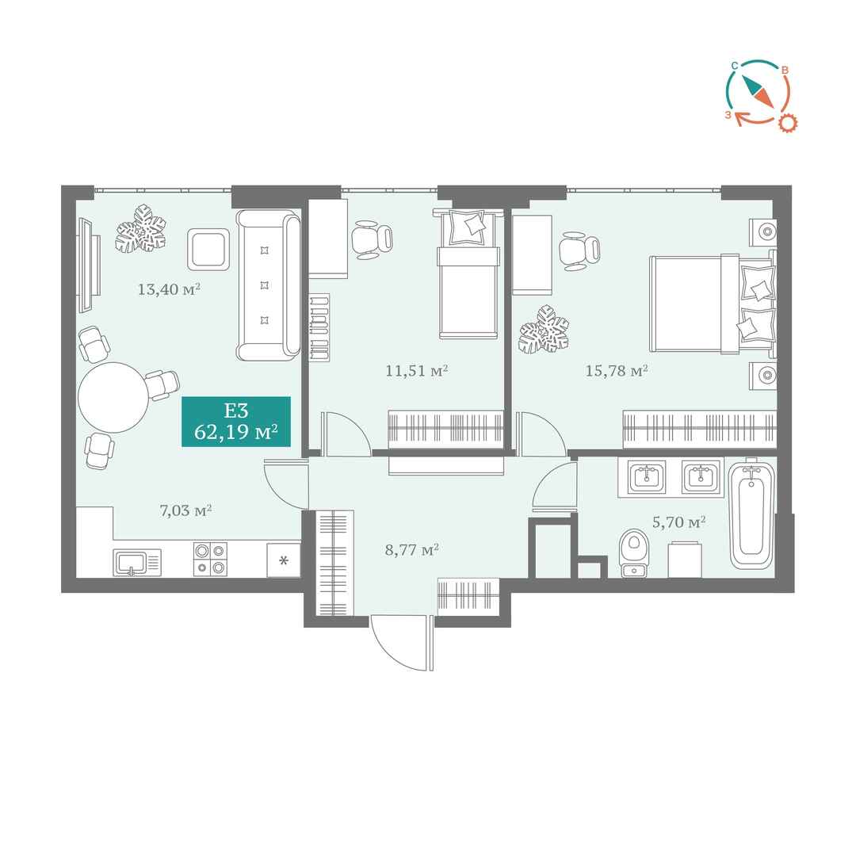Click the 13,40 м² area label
[169, 289]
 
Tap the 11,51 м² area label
[417, 371]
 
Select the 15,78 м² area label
[617, 371]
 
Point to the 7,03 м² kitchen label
[185, 510]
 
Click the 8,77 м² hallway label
[412, 549]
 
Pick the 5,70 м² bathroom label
[678, 522]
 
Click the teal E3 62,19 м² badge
[236, 422]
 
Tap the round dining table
[113, 397]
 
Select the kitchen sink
[137, 562]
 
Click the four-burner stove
[210, 559]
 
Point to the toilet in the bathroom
[634, 553]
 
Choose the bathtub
[751, 515]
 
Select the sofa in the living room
[269, 285]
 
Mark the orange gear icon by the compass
[787, 123]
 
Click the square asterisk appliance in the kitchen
[283, 560]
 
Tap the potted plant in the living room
[140, 229]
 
